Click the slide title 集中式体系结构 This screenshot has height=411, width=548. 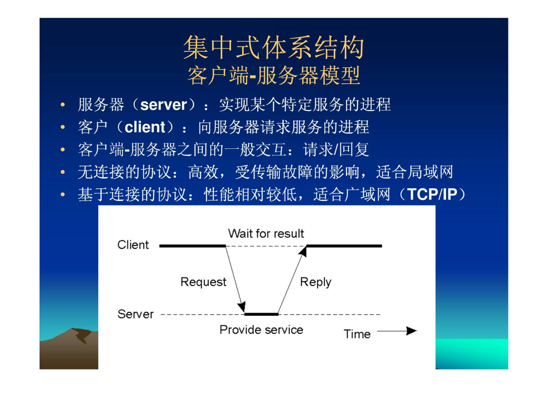click(273, 47)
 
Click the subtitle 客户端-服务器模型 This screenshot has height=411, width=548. click(273, 75)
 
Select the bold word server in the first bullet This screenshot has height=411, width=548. click(164, 105)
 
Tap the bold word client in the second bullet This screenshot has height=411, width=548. click(145, 127)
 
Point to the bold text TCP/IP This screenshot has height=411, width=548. click(432, 194)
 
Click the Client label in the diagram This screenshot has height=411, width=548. click(133, 245)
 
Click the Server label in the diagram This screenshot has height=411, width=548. click(135, 314)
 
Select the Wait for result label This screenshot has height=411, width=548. click(266, 233)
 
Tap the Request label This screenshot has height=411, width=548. click(203, 282)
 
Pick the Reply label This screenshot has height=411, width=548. click(315, 282)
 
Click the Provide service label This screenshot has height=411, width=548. click(261, 330)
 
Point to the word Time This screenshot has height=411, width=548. click(357, 334)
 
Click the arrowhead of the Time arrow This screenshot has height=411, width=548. click(412, 331)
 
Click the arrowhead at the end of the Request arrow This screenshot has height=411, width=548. click(242, 307)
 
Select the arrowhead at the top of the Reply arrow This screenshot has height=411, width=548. click(303, 251)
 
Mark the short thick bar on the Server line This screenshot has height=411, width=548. click(261, 314)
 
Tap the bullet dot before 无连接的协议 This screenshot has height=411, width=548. click(63, 172)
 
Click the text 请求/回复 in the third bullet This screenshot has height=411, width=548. click(336, 150)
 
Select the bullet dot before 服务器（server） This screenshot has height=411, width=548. click(63, 105)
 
